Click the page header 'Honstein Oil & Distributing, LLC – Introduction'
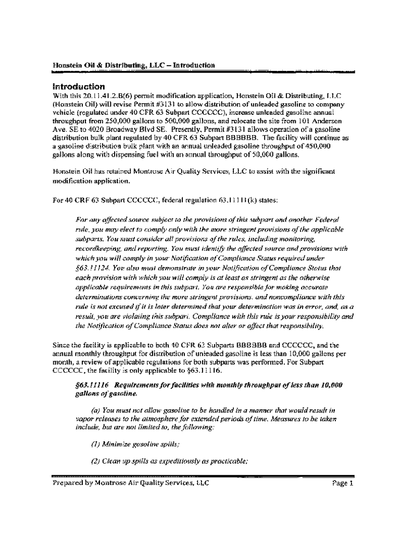(134, 66)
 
